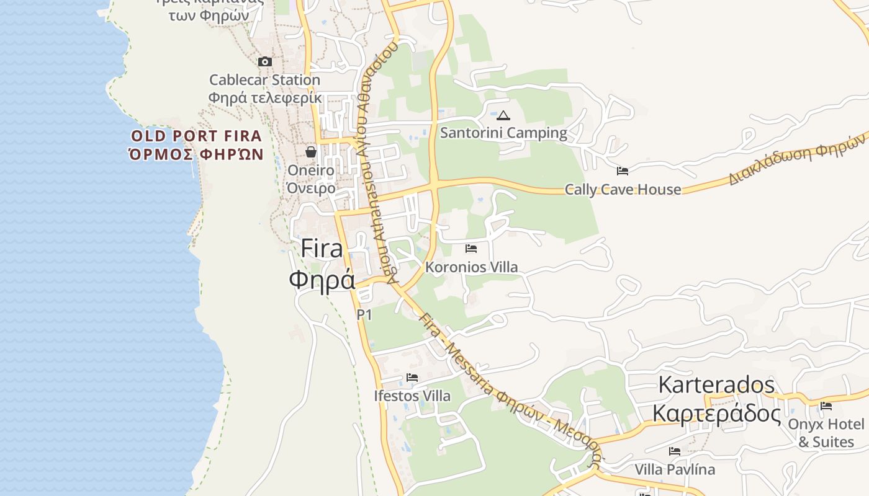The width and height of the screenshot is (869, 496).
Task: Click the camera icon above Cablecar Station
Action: (x=265, y=61)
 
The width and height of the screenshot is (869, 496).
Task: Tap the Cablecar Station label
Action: (x=264, y=80)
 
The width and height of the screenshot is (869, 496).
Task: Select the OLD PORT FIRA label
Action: (x=196, y=136)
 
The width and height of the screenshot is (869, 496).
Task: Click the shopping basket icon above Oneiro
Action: (x=311, y=151)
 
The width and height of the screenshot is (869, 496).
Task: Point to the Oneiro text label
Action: (x=311, y=170)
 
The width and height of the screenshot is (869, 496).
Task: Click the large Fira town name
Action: (x=322, y=249)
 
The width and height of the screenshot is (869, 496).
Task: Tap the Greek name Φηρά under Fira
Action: (x=322, y=279)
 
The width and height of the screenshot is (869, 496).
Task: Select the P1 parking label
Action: (x=364, y=315)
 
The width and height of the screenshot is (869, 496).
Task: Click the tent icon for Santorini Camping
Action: (x=503, y=115)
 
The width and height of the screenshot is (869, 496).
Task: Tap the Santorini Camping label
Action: (x=503, y=133)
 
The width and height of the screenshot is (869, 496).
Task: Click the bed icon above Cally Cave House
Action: (x=623, y=171)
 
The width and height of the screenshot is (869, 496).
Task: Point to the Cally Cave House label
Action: (x=623, y=190)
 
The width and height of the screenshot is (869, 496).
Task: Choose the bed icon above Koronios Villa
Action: (x=471, y=249)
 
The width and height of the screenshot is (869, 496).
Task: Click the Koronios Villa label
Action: (x=471, y=267)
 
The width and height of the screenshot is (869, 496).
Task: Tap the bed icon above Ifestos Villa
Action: (x=412, y=378)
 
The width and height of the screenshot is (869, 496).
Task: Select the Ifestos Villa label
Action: (x=412, y=396)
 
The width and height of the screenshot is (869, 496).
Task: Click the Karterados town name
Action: (x=716, y=385)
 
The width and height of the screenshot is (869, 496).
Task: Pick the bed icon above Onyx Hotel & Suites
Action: (x=826, y=406)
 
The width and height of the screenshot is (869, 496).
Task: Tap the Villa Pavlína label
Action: (x=675, y=469)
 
